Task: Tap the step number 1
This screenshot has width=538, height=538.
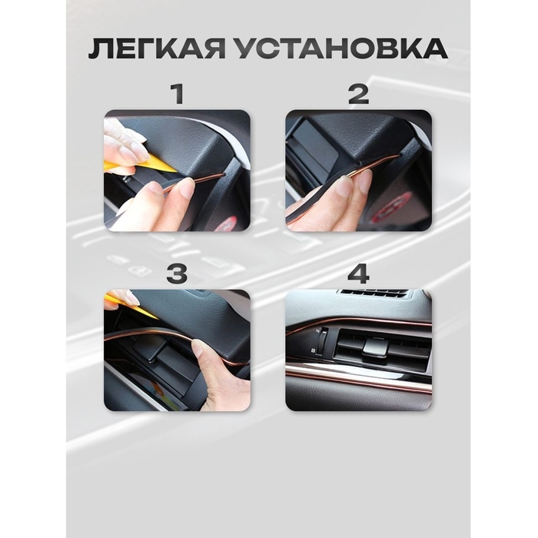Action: point(178,95)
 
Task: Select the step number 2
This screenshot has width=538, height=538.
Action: point(358,95)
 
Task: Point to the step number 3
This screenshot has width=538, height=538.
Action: point(178,274)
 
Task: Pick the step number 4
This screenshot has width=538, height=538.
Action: point(358,274)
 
